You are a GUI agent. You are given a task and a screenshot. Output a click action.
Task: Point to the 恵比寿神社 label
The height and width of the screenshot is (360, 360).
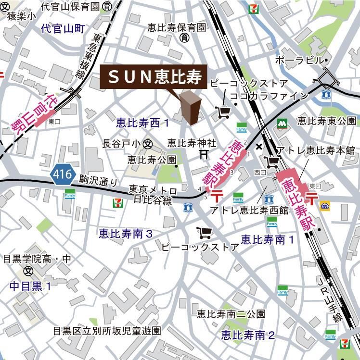[x=192, y=143]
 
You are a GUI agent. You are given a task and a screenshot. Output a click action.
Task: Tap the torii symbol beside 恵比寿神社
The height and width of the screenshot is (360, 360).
[x=204, y=154]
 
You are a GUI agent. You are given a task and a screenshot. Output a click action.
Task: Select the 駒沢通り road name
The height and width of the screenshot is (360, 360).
[x=99, y=181]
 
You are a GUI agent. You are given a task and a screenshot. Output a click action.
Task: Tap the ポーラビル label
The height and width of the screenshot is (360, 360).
[x=299, y=61]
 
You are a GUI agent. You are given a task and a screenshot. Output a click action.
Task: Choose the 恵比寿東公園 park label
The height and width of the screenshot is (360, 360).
[x=325, y=120]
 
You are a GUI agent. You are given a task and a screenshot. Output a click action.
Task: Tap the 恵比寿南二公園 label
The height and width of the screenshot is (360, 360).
[x=231, y=314]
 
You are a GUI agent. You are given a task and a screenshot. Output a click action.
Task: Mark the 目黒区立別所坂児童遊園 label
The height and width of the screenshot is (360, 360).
[x=107, y=331]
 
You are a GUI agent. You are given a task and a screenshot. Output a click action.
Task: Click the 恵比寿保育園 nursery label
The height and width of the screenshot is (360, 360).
[x=177, y=28]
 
